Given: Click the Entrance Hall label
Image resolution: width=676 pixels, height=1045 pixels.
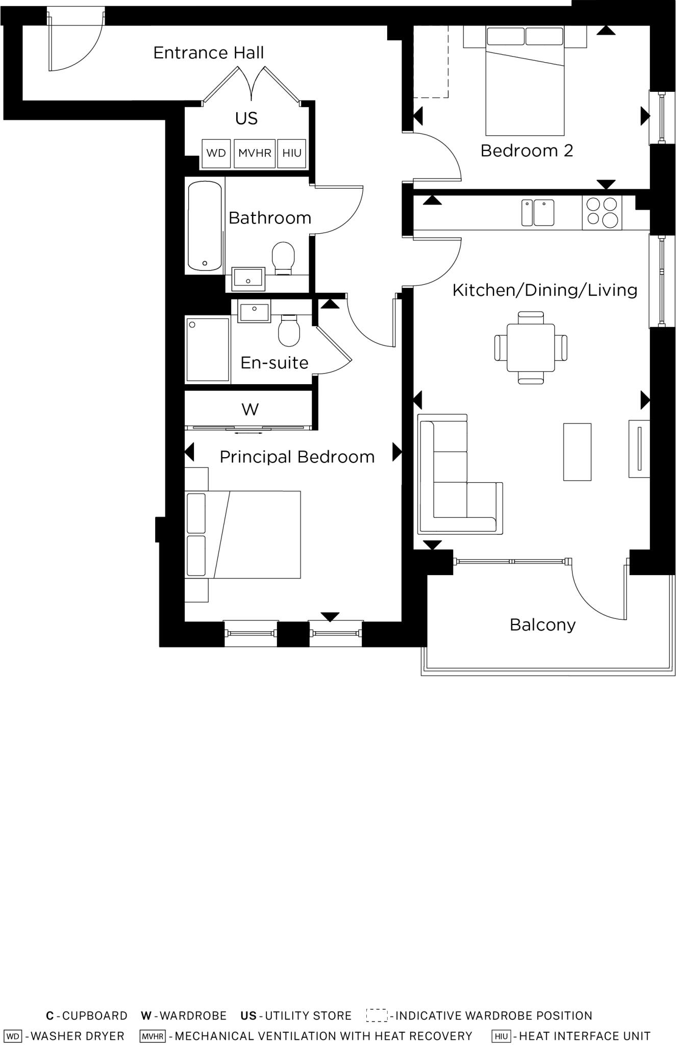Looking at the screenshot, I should (208, 53).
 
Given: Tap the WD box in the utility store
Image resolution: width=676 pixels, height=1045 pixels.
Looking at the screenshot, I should (216, 153).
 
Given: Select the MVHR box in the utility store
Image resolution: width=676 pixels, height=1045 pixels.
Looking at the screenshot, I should (255, 153).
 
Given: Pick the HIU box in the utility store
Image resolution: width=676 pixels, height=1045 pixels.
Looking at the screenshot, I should (292, 153).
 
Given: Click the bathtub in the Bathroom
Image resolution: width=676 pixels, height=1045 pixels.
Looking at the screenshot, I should (205, 226).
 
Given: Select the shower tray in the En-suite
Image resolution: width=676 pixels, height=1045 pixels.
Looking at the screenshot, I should (207, 350).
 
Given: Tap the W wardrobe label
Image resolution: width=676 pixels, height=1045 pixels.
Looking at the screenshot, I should (249, 409).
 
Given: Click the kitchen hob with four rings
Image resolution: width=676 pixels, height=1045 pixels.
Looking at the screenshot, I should (602, 212).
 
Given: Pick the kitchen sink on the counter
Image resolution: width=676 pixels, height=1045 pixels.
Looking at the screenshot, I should (538, 213).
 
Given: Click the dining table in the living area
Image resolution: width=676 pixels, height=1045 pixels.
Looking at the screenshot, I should (531, 347).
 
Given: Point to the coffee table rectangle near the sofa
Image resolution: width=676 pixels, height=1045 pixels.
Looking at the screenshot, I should (577, 452).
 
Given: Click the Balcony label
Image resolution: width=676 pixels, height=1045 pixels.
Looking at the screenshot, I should (542, 625).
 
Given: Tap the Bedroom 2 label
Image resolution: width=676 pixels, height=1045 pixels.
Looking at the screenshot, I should (527, 151).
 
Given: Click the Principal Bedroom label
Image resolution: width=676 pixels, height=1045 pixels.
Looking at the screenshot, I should (297, 457).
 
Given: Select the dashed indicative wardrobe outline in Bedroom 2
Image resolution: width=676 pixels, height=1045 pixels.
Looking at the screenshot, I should (430, 61).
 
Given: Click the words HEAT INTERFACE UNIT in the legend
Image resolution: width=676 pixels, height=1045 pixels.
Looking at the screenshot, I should (585, 1036).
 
